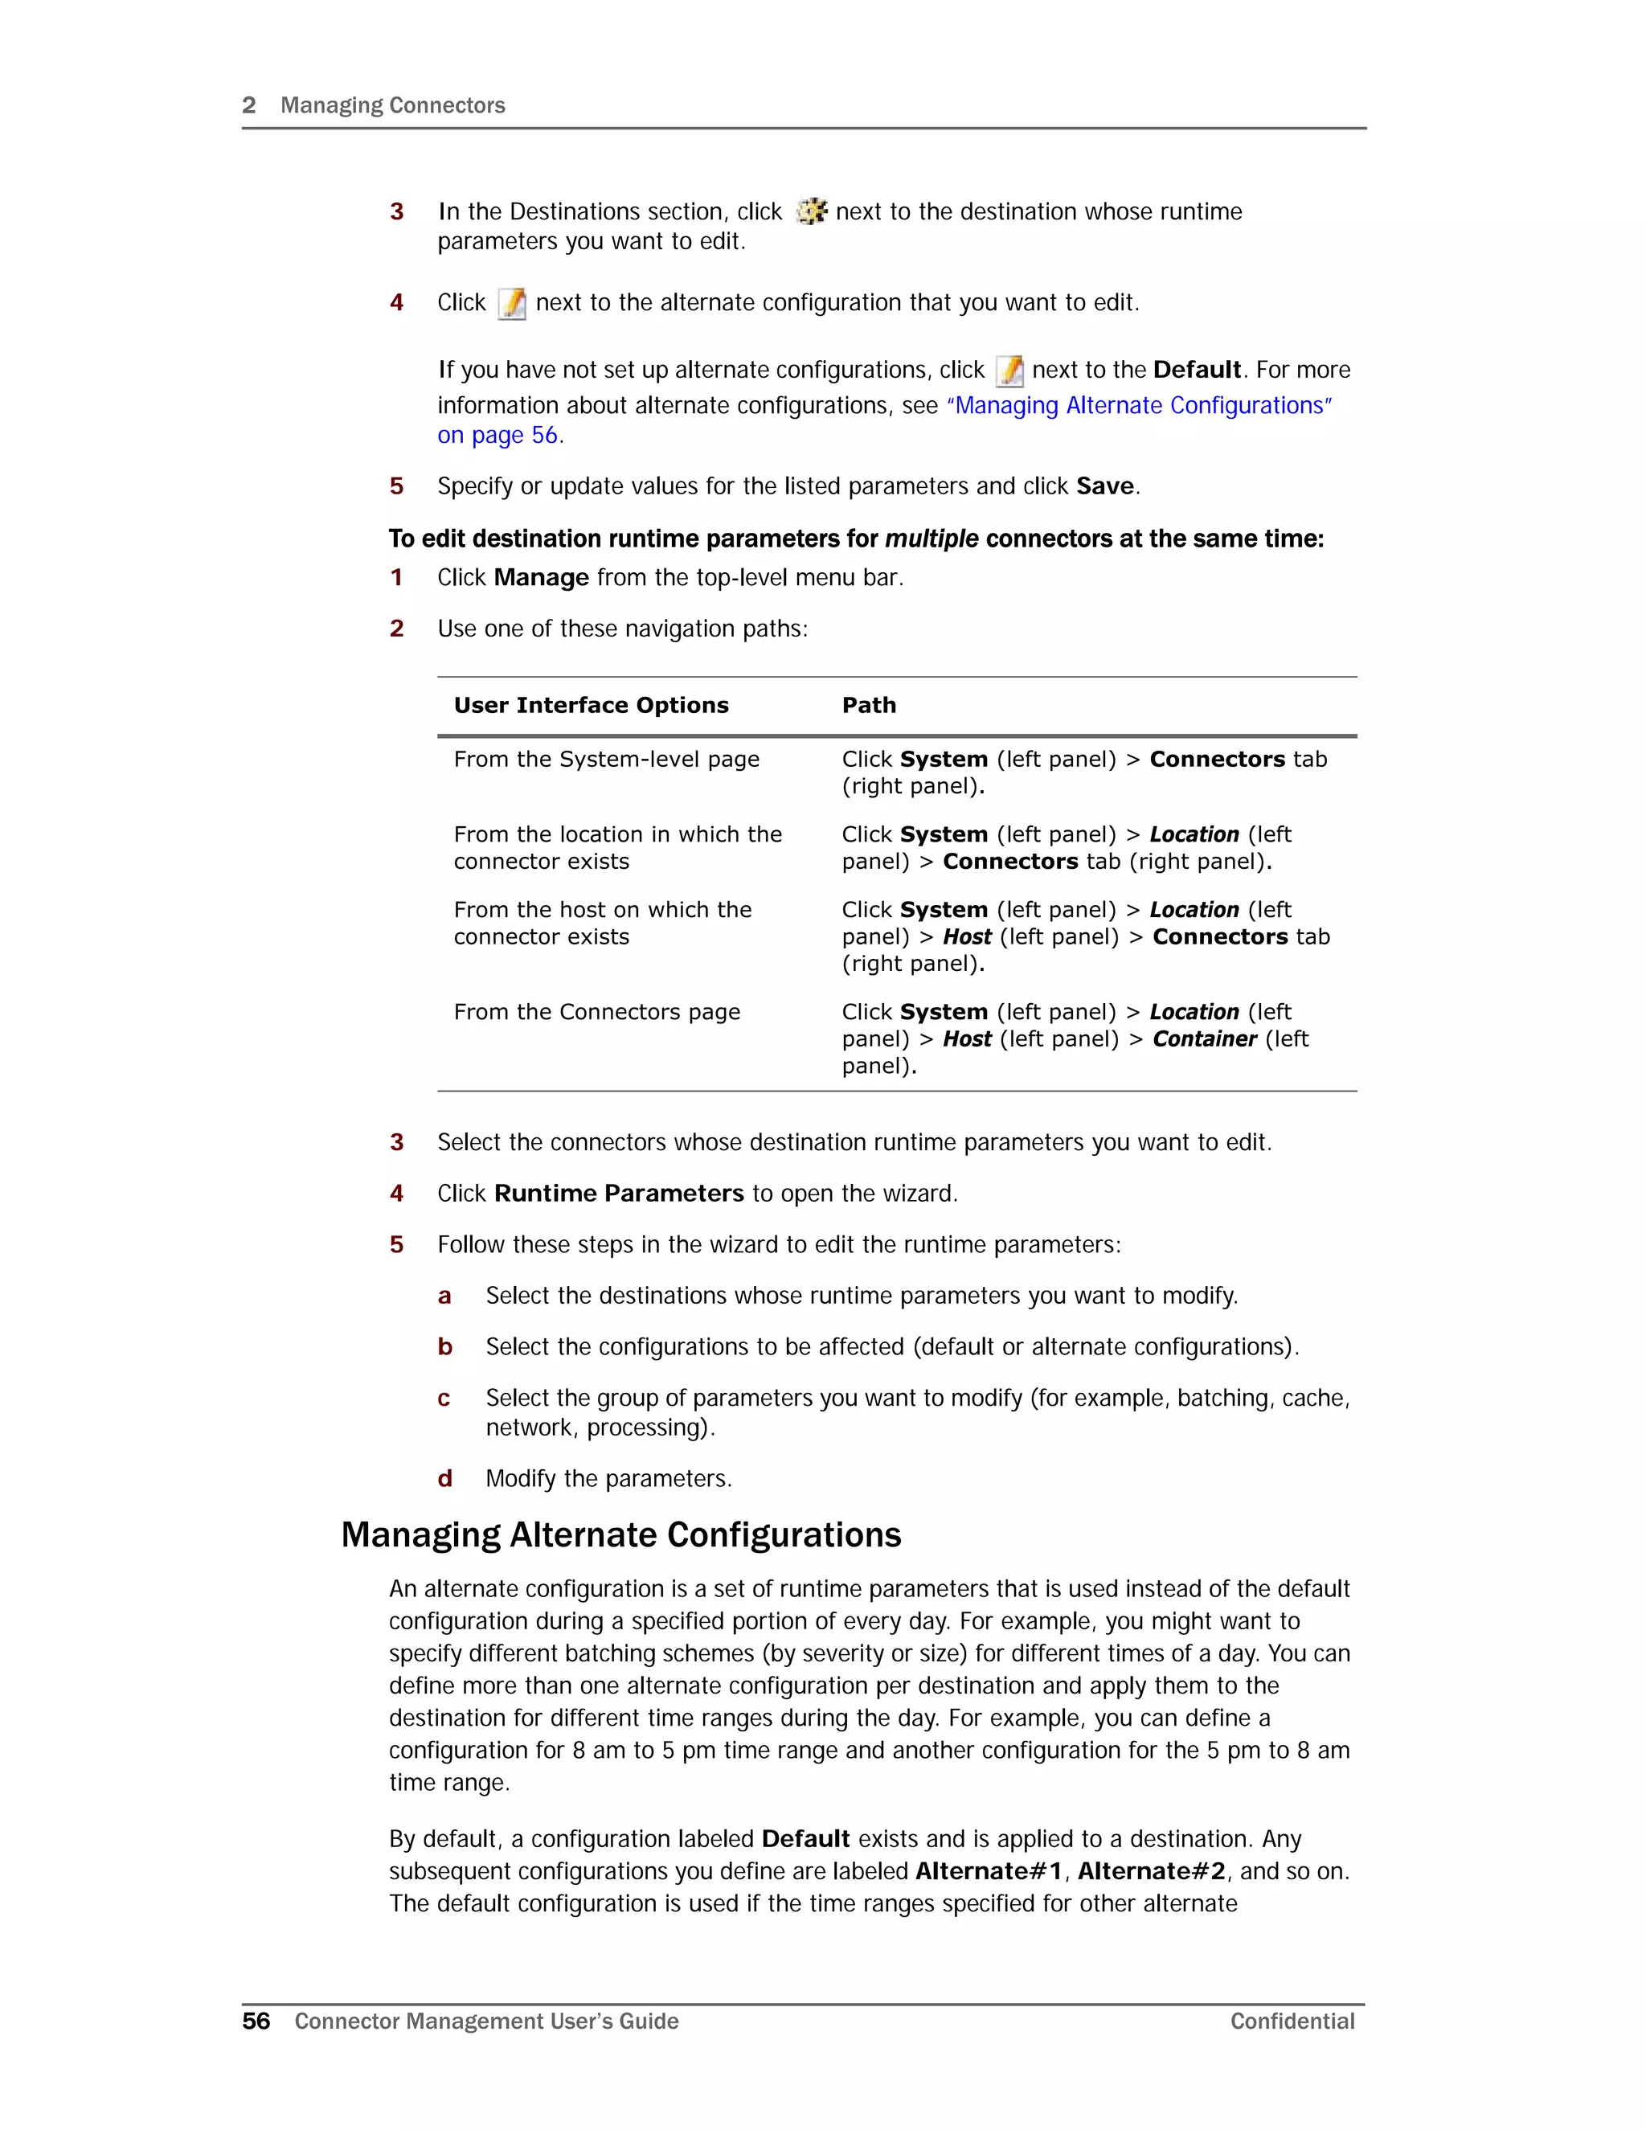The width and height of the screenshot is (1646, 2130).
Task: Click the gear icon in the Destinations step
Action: [811, 211]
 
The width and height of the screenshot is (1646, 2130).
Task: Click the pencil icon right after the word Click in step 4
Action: [512, 303]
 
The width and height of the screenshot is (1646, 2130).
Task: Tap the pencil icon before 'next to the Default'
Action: [1009, 371]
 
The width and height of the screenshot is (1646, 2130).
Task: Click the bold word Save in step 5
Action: [1105, 486]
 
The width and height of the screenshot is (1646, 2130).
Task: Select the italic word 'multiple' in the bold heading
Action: [932, 539]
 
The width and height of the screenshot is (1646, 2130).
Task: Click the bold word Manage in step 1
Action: [541, 579]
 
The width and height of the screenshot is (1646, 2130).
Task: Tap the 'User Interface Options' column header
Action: [591, 705]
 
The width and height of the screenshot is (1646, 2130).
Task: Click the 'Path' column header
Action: [869, 705]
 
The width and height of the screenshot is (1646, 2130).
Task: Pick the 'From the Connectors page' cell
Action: [597, 1012]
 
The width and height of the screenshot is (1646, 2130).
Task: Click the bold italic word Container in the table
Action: [1204, 1039]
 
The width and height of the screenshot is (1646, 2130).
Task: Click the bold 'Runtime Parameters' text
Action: [619, 1194]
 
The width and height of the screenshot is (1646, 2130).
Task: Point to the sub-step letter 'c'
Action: [444, 1399]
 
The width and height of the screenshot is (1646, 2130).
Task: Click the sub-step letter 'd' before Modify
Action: [444, 1480]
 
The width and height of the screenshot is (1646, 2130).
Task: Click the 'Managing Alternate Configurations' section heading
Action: [621, 1535]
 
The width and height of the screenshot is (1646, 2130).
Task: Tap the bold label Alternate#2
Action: [1151, 1871]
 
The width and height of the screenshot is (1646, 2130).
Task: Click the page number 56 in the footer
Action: [256, 2021]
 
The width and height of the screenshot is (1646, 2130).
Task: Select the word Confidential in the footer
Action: [1292, 2021]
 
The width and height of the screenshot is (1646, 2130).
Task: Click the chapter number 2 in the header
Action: [248, 105]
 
